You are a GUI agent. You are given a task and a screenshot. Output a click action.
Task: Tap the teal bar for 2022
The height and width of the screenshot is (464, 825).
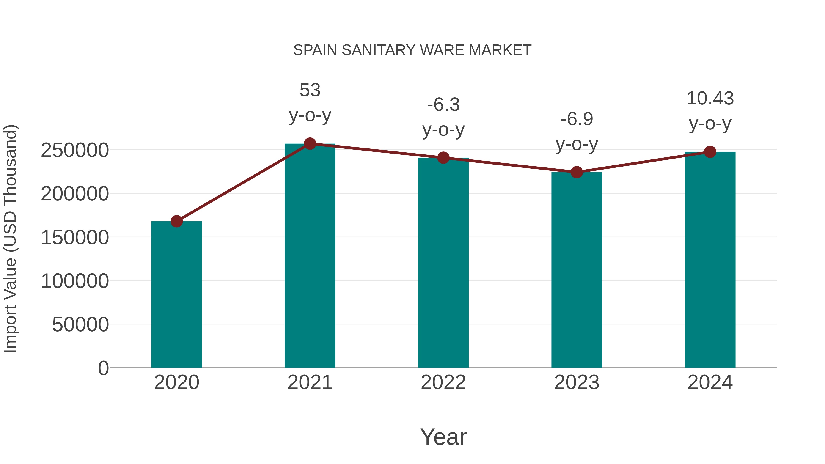(443, 263)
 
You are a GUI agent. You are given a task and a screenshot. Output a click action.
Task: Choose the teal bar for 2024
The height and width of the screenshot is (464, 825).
(710, 259)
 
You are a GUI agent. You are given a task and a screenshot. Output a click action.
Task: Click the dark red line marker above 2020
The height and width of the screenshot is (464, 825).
(176, 221)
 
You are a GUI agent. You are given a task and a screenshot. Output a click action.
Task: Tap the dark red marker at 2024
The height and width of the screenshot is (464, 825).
(710, 152)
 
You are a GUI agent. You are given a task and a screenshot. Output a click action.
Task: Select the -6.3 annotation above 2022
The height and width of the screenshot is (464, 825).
(443, 105)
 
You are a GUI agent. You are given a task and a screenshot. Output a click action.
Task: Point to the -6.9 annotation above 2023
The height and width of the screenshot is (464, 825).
(577, 119)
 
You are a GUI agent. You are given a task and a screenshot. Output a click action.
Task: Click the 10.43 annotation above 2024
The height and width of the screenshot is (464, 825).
(710, 98)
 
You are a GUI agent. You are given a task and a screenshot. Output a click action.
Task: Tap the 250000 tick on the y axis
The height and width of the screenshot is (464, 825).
(75, 150)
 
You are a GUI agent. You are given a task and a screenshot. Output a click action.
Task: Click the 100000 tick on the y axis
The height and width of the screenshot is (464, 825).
(75, 281)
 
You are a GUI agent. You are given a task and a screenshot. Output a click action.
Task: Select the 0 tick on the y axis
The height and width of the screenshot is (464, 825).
(103, 368)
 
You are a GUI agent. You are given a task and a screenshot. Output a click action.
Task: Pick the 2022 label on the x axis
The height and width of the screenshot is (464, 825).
(443, 382)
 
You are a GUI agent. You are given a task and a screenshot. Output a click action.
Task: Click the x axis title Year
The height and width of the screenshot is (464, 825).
(443, 437)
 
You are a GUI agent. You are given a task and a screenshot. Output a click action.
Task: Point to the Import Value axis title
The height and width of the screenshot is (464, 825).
(10, 239)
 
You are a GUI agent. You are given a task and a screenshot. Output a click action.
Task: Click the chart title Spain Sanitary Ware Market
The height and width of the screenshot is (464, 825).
(412, 50)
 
